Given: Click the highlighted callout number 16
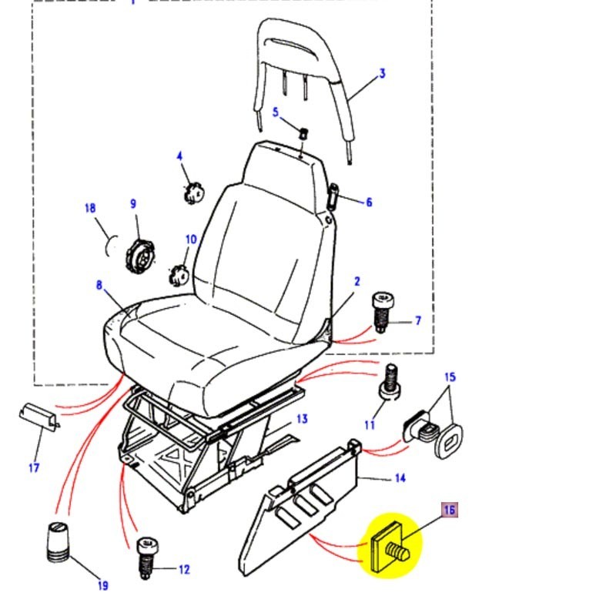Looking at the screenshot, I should click(450, 510).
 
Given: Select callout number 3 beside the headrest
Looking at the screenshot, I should click(382, 74).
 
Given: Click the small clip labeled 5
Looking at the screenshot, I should click(302, 132).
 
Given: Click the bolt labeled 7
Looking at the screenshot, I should click(382, 310).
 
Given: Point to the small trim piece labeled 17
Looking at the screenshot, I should click(38, 417).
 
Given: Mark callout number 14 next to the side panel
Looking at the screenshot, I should click(400, 479).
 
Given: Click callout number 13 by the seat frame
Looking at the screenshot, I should click(302, 419).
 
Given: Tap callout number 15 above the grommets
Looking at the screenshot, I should click(450, 377).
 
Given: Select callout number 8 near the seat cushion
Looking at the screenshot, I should click(99, 285).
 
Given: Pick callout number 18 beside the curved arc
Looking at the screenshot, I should click(89, 209).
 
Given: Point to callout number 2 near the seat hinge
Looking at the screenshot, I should click(357, 282).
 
